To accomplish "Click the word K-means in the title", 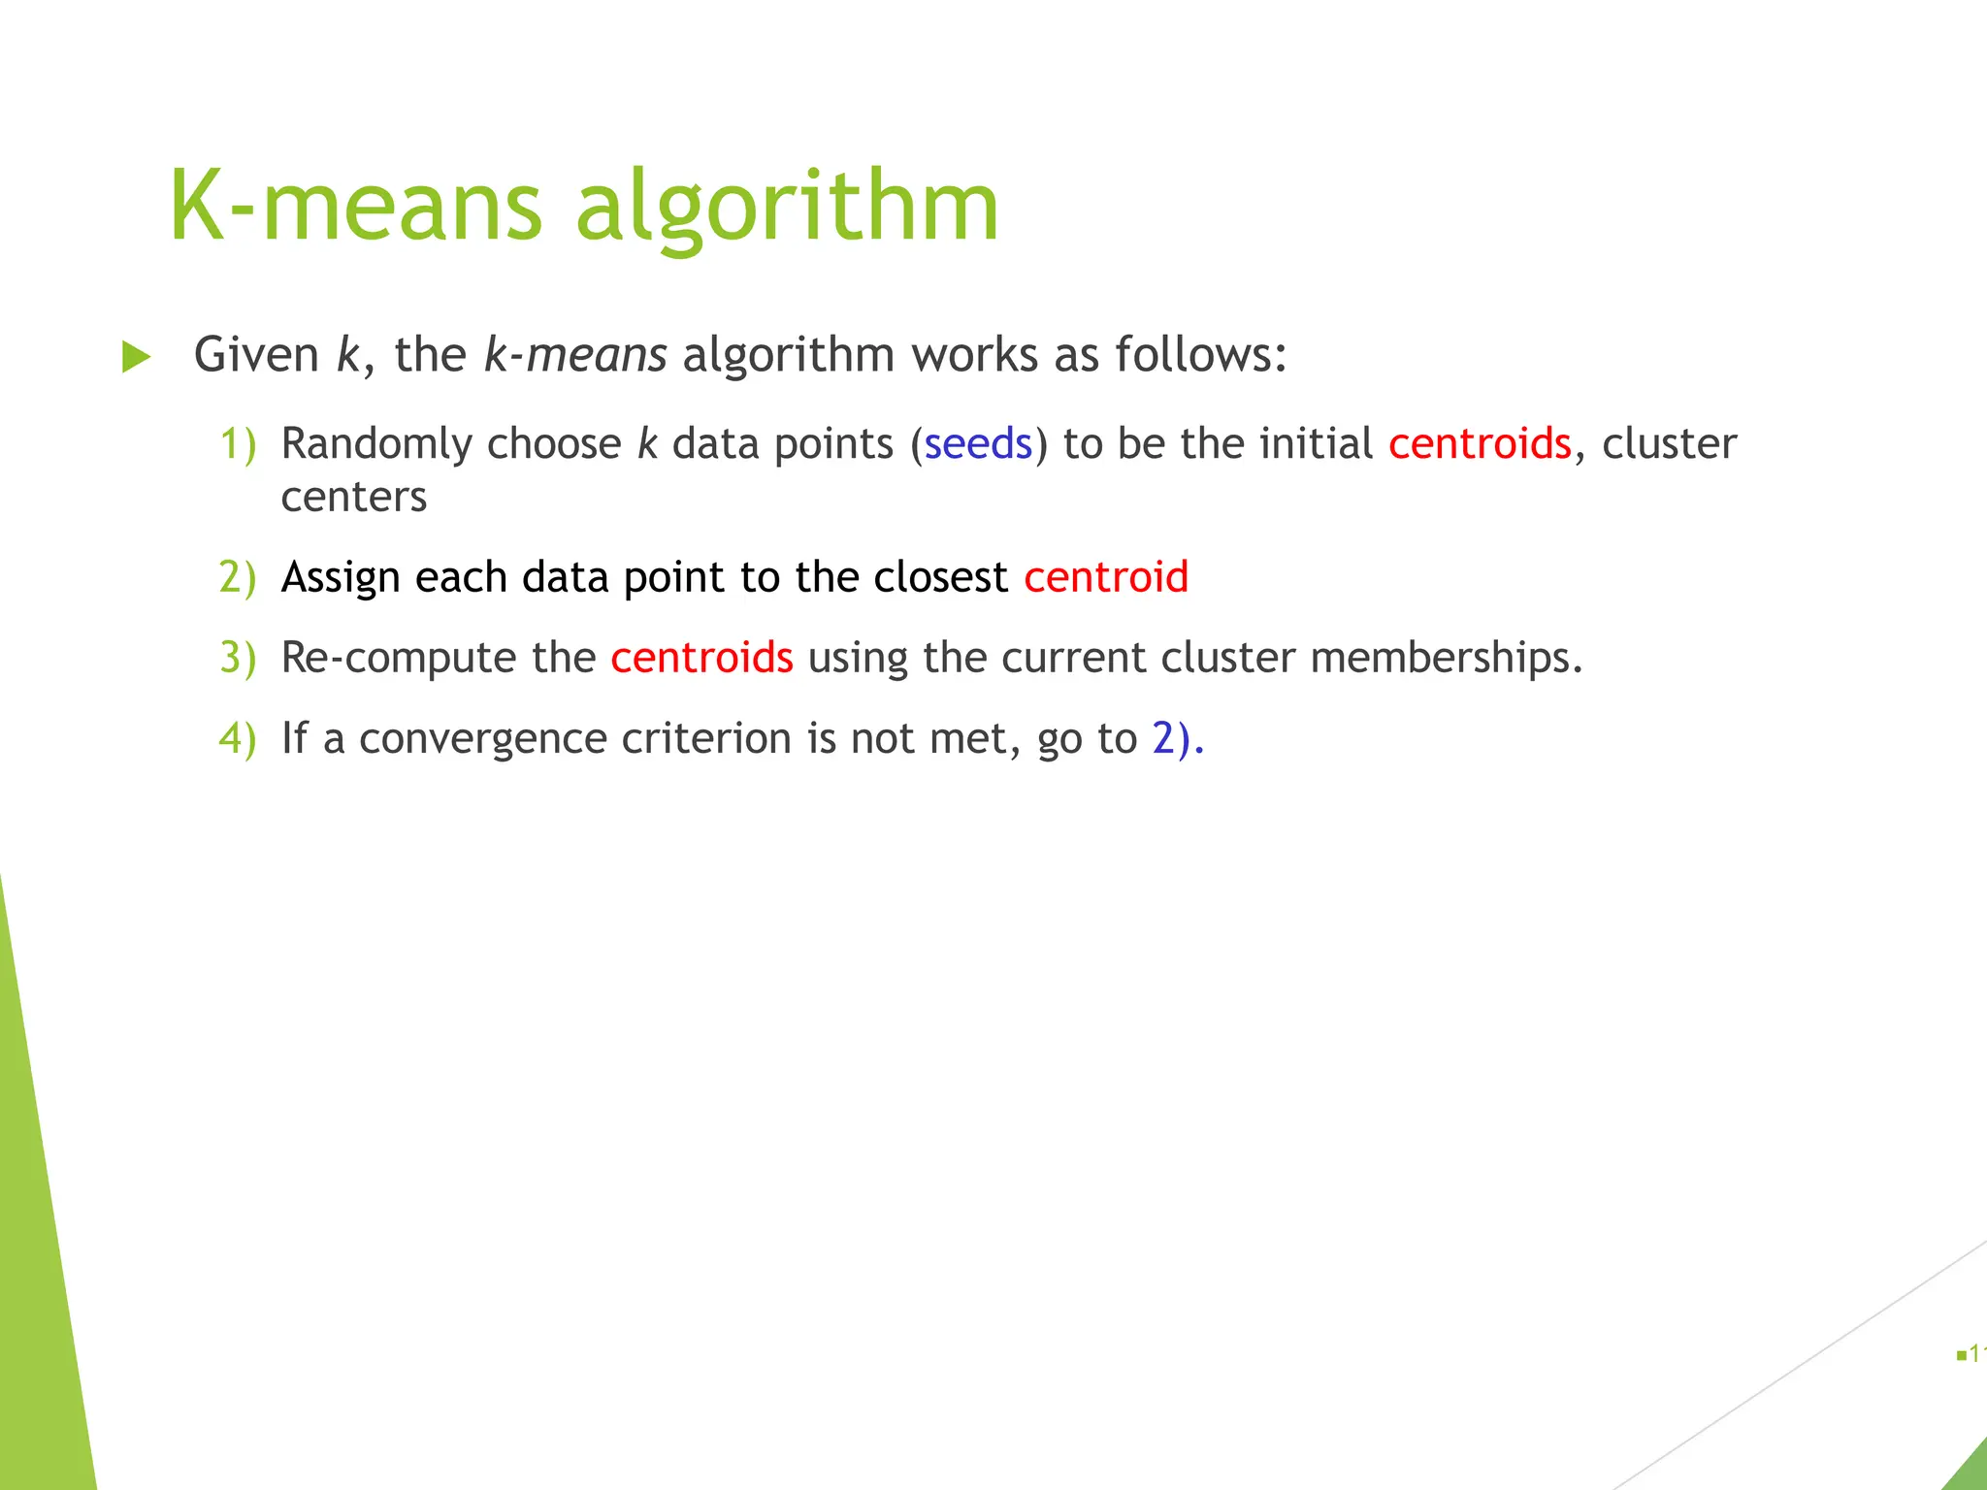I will [x=355, y=206].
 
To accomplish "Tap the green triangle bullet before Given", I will [x=136, y=357].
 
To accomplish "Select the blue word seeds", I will [x=978, y=444].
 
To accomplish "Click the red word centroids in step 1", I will [x=1480, y=444].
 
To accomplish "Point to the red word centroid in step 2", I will [x=1106, y=577].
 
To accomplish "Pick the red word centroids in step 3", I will [x=701, y=658].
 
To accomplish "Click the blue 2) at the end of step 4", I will [x=1175, y=738].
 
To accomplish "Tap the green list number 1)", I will [x=238, y=444].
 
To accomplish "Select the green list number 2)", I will [x=238, y=577].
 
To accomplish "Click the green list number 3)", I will [x=238, y=658].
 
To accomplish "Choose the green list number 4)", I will [x=238, y=738].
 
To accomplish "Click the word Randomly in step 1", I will [x=376, y=444].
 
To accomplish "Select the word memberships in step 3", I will [x=1446, y=658].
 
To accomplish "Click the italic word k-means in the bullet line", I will [x=575, y=355].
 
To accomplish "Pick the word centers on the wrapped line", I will [x=354, y=498].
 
